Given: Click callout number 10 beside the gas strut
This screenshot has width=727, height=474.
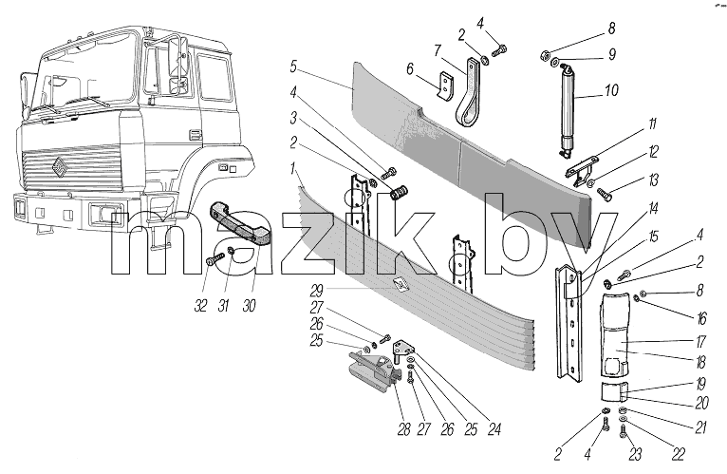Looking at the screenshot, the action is (612, 90).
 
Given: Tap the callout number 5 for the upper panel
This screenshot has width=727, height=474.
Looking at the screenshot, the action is (293, 66).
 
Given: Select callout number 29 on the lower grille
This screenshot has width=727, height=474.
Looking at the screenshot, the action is (317, 291).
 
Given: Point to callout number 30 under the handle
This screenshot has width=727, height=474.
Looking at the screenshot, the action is (249, 306).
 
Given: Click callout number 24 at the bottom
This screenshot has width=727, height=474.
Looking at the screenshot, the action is (494, 430).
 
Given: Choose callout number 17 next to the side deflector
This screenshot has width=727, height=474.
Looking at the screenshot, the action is (701, 342).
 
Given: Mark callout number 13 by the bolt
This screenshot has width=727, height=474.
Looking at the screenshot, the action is (653, 180).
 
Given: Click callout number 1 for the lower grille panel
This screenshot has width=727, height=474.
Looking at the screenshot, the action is (293, 169).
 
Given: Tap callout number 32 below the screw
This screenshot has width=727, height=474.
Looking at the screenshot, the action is (200, 306).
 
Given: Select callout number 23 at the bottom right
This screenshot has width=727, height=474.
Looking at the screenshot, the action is (635, 454).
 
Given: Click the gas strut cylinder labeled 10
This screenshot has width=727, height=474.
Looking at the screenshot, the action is (569, 109).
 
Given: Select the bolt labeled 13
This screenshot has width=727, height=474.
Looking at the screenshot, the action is (606, 193).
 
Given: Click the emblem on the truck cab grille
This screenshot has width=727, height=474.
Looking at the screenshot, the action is (60, 168).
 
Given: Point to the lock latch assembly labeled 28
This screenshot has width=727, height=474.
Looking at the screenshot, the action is (373, 369).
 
